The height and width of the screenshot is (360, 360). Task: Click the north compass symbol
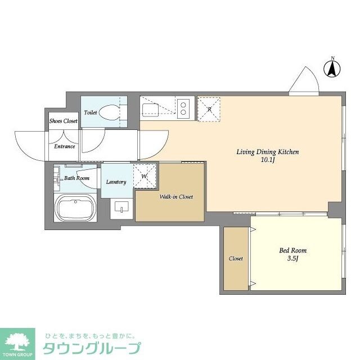tap(332, 69)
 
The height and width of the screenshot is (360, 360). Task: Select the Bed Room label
tap(294, 250)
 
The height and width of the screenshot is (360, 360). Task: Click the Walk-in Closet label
tap(176, 197)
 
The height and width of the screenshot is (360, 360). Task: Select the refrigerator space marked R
tap(209, 109)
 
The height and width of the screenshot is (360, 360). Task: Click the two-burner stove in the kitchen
tap(183, 107)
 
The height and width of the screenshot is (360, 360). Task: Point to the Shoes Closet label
tap(63, 121)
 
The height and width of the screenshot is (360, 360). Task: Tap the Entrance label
tap(65, 147)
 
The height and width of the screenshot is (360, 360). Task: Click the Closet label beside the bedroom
tap(236, 259)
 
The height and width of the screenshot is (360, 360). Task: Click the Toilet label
tap(91, 112)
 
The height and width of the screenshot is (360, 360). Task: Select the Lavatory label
tap(116, 182)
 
